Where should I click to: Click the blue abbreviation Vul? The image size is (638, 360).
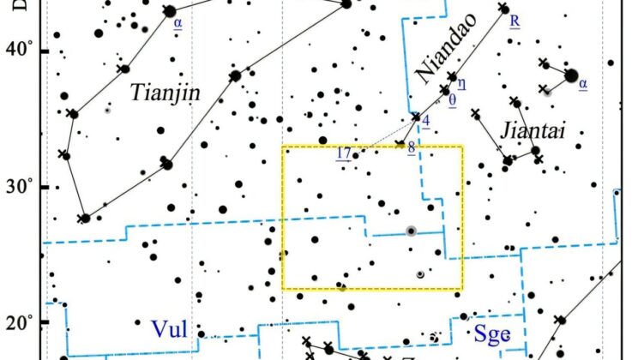pyautogui.click(x=168, y=328)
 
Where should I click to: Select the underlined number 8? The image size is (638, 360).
pyautogui.click(x=412, y=147)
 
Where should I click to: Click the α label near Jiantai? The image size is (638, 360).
pyautogui.click(x=583, y=84)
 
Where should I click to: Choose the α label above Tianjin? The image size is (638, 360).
pyautogui.click(x=178, y=23)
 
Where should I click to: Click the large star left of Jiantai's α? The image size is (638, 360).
pyautogui.click(x=571, y=75)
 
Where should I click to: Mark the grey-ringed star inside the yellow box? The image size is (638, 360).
pyautogui.click(x=411, y=230)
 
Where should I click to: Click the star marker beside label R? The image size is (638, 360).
pyautogui.click(x=503, y=9)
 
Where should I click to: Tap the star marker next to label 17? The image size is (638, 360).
pyautogui.click(x=355, y=155)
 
